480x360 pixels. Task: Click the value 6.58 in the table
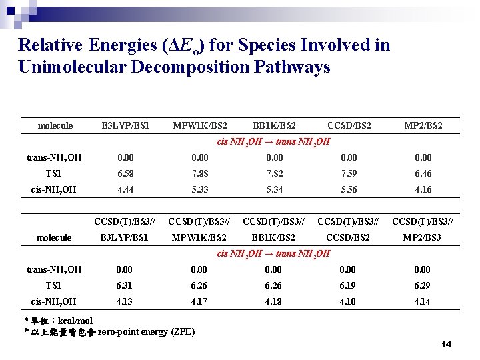[125, 174]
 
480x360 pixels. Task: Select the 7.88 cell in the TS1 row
[199, 174]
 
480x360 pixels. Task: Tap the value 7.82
[274, 174]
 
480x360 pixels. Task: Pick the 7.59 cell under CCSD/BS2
[349, 174]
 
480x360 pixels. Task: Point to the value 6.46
[423, 174]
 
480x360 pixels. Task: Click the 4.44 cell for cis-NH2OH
[125, 190]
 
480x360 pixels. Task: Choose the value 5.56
[349, 190]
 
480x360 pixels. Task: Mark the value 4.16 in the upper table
[423, 190]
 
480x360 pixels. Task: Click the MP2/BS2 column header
[423, 126]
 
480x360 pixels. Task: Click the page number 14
[446, 345]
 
